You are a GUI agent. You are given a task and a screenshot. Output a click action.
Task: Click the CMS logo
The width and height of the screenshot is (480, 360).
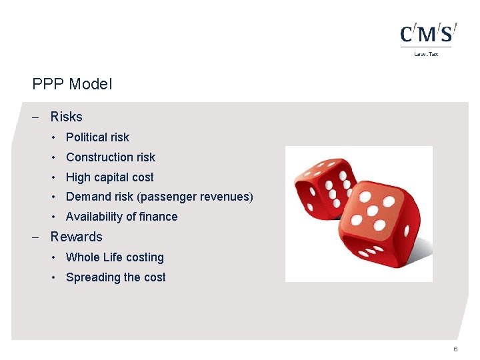coord(429,34)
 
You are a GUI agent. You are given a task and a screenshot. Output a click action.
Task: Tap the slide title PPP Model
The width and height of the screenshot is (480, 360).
coord(72,84)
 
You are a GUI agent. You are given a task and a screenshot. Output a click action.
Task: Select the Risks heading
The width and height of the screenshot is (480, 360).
coord(66,117)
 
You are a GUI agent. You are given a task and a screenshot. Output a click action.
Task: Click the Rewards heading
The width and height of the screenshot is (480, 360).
coord(76,237)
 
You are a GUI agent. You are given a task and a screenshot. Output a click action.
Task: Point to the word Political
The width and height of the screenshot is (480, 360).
coord(87,137)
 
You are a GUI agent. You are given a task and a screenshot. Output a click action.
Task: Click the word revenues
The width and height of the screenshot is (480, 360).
coord(227,197)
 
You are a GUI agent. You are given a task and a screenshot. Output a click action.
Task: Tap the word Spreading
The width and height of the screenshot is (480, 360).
coord(93,277)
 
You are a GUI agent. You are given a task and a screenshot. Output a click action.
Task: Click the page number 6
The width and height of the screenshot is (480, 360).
coord(455,349)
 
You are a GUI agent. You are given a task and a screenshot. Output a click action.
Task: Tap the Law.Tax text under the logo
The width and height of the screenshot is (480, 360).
coord(426,54)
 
